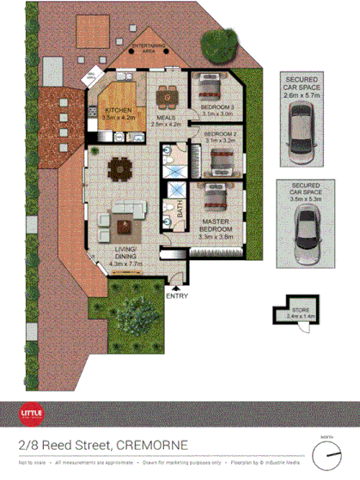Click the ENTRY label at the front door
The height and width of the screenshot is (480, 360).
coord(177,296)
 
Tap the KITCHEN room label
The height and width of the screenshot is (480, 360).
coord(117,111)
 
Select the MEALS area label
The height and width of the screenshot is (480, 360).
coord(167,118)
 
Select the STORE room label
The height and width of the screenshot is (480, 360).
coord(299,313)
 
